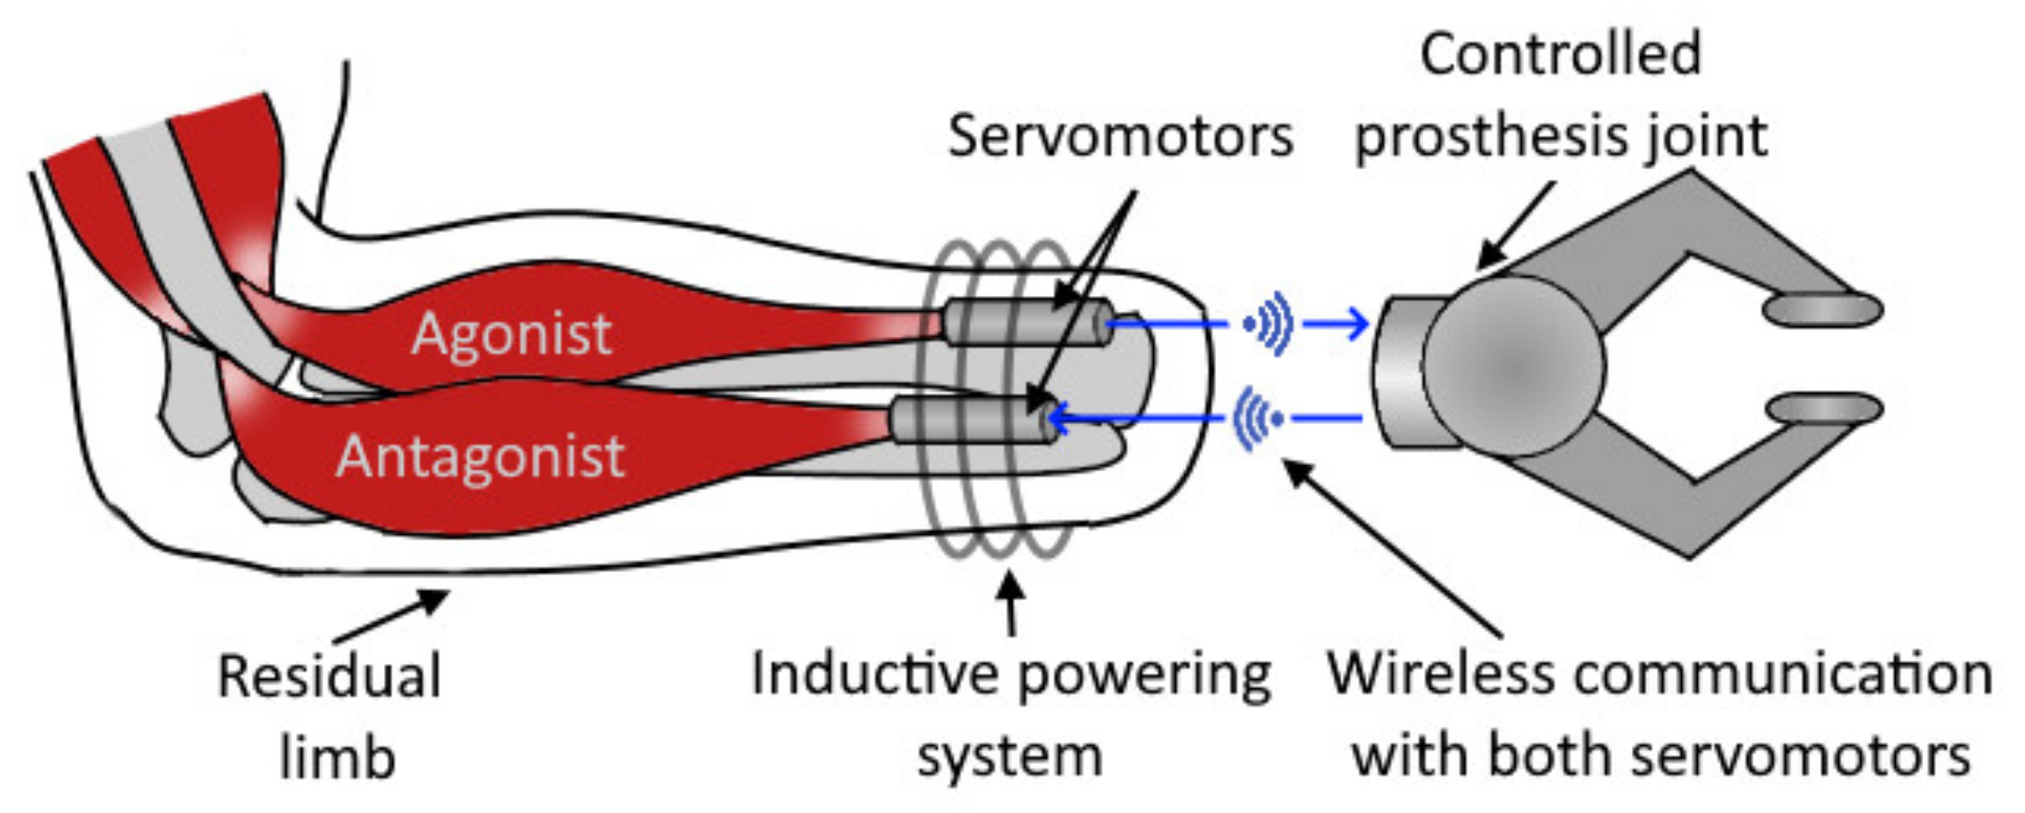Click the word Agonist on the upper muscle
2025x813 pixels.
click(511, 334)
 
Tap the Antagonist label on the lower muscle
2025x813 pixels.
click(480, 457)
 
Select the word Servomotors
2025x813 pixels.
click(1120, 137)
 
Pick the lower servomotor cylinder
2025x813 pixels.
click(972, 420)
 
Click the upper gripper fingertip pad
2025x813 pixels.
click(1823, 310)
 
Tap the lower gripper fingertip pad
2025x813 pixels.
click(1823, 409)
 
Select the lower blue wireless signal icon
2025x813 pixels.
click(1257, 420)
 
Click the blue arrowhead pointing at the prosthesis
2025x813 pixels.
click(1357, 324)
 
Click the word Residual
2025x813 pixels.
click(329, 676)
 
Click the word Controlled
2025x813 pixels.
click(1560, 54)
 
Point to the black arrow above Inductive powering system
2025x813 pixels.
click(1012, 605)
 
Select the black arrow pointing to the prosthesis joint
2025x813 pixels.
click(1515, 224)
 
